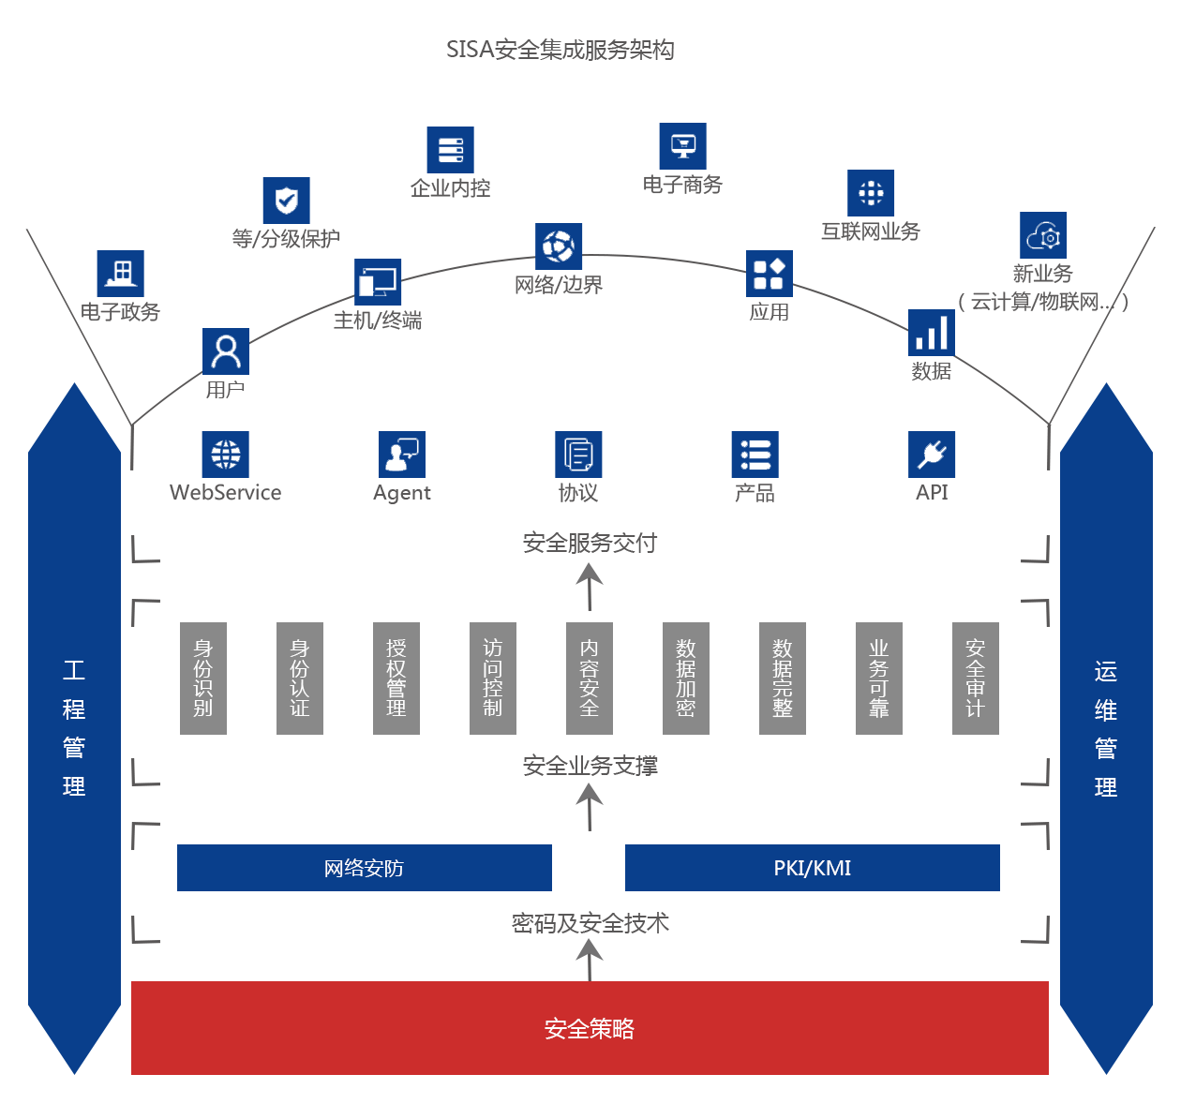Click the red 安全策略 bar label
pyautogui.click(x=589, y=1028)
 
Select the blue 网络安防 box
pyautogui.click(x=364, y=868)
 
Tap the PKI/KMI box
pyautogui.click(x=812, y=868)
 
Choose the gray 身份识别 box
pyautogui.click(x=202, y=678)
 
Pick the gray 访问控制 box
pyautogui.click(x=492, y=678)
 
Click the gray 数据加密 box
pyautogui.click(x=685, y=678)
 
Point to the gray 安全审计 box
pyautogui.click(x=975, y=678)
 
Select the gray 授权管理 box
pyautogui.click(x=396, y=678)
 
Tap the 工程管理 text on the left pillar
pyautogui.click(x=74, y=728)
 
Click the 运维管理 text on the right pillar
pyautogui.click(x=1105, y=729)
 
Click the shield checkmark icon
pyautogui.click(x=286, y=201)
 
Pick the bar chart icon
pyautogui.click(x=931, y=333)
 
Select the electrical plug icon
pyautogui.click(x=932, y=455)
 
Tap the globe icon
pyautogui.click(x=225, y=455)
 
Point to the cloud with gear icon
pyautogui.click(x=1043, y=235)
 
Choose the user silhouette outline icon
pyautogui.click(x=225, y=351)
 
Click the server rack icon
pyautogui.click(x=450, y=150)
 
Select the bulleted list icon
pyautogui.click(x=755, y=455)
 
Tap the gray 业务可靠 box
pyautogui.click(x=878, y=678)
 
